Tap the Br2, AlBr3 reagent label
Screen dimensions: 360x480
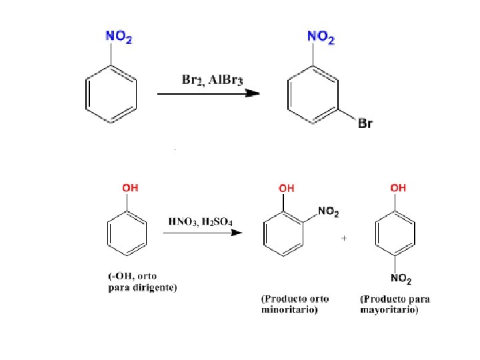[x=213, y=80]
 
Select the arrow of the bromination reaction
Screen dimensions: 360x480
[x=208, y=94]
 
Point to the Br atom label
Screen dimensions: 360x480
[x=365, y=124]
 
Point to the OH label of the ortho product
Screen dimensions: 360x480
[x=287, y=189]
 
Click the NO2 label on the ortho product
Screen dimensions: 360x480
[x=329, y=212]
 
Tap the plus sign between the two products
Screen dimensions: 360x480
[x=344, y=238]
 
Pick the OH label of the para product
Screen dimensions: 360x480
[x=398, y=188]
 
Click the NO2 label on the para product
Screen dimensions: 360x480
[x=401, y=278]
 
